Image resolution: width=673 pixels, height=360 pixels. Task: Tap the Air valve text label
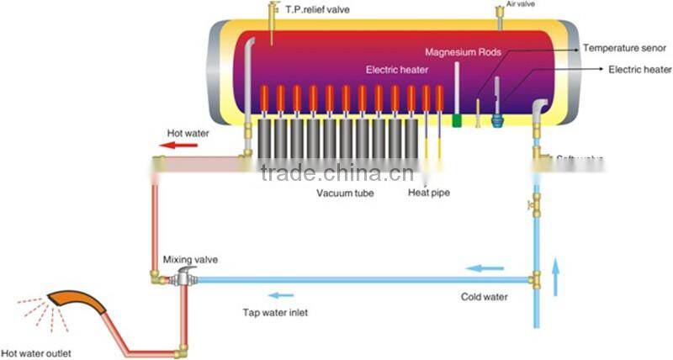[520, 4]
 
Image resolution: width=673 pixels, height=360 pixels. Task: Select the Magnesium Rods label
[463, 51]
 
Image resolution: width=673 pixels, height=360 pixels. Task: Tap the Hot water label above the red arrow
[188, 132]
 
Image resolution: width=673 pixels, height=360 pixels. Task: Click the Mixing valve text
[190, 261]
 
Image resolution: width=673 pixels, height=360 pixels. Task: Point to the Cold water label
[484, 296]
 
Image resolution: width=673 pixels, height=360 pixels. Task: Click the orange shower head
[74, 302]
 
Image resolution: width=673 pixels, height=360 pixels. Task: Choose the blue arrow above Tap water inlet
[281, 294]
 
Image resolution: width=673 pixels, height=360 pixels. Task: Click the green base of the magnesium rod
[458, 120]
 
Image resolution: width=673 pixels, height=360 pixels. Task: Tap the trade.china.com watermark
[336, 174]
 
